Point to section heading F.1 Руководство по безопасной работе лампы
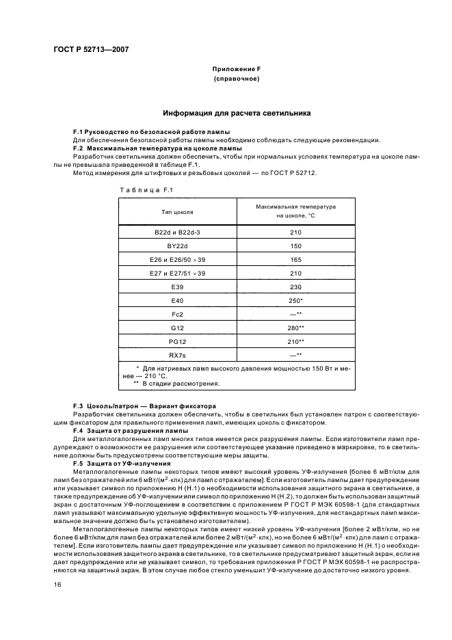click(151, 131)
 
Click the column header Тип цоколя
click(177, 212)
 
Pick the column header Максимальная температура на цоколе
click(295, 211)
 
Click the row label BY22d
click(177, 245)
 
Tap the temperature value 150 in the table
click(295, 245)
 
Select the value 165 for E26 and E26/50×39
click(295, 259)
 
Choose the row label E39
click(177, 286)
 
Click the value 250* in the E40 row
click(296, 300)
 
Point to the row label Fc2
click(177, 314)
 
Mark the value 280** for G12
click(296, 328)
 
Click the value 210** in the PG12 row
click(296, 341)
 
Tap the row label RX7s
click(177, 355)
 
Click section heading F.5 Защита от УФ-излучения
click(122, 464)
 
